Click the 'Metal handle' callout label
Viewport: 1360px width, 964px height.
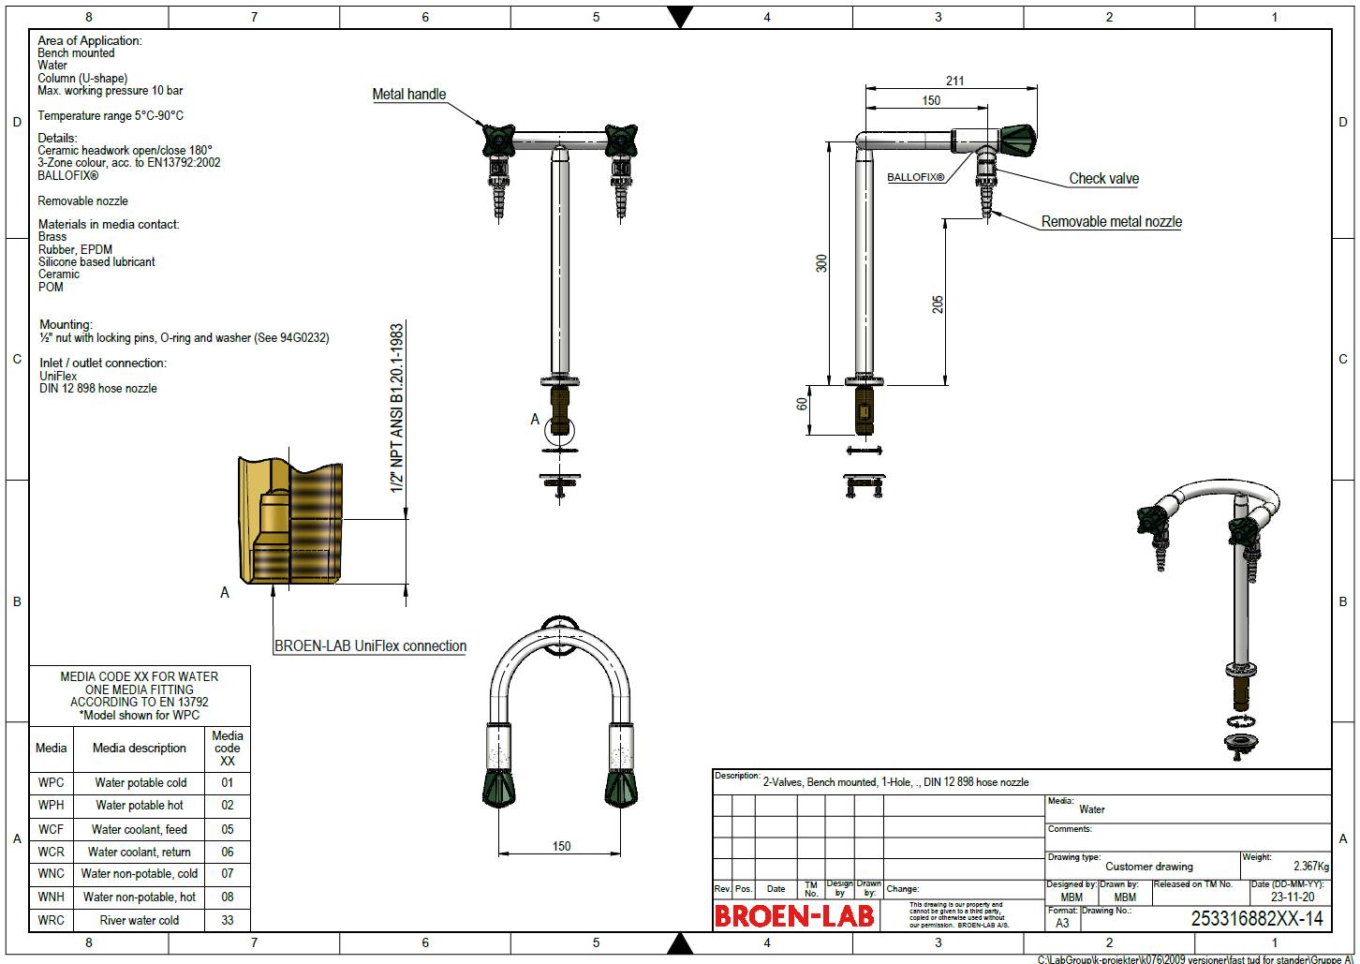408,94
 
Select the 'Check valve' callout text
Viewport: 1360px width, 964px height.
1103,178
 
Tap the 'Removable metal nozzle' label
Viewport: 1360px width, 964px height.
1111,222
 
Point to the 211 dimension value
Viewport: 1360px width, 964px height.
954,81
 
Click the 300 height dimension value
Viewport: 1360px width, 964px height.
821,263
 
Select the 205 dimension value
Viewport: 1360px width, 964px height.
938,304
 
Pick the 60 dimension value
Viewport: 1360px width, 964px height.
802,403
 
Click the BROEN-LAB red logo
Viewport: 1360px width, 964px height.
794,915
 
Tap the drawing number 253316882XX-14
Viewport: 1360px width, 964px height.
1256,919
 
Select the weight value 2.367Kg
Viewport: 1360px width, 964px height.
1310,867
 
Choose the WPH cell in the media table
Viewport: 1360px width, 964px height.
52,805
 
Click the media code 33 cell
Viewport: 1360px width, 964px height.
228,920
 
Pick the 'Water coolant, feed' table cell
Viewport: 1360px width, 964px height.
139,829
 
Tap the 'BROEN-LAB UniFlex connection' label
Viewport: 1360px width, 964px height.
370,645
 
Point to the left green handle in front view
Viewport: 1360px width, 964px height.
497,141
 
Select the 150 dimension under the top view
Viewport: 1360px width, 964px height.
561,846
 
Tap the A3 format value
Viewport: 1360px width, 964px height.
1062,923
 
